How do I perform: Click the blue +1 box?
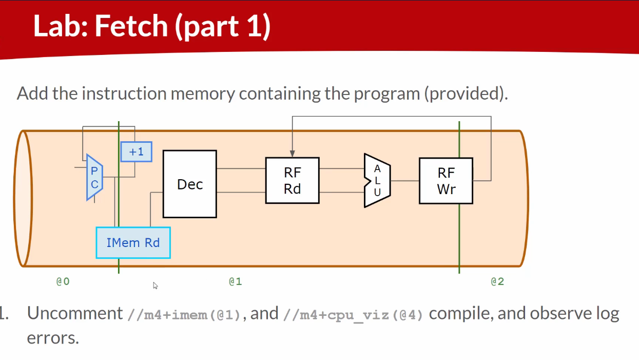[x=136, y=151]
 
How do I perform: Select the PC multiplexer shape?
[x=94, y=177]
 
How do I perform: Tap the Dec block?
[x=189, y=184]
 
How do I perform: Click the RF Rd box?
[x=292, y=180]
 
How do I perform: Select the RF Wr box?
[x=446, y=180]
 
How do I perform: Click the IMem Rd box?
[x=133, y=242]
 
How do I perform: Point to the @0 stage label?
[x=63, y=281]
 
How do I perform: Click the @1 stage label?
[x=235, y=281]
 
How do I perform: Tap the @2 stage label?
[x=497, y=281]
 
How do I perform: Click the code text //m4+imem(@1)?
[x=184, y=314]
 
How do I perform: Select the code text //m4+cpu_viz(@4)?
[x=353, y=314]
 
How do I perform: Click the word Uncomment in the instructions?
[x=75, y=313]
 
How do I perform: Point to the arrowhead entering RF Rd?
[x=292, y=154]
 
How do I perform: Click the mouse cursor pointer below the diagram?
[x=155, y=285]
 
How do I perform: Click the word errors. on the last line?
[x=53, y=338]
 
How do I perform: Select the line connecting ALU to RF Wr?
[x=404, y=180]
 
